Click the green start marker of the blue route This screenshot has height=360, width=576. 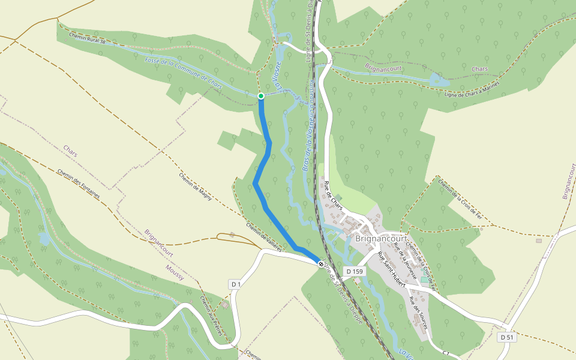point(261,96)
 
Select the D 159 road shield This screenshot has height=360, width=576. point(355,272)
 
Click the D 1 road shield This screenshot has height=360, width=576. point(235,284)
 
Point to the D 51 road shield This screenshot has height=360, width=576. point(507,338)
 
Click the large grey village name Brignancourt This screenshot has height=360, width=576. point(382,238)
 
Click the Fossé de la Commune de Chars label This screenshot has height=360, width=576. point(183,74)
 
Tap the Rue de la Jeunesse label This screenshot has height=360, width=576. point(405,263)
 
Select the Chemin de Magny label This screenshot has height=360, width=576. point(195,187)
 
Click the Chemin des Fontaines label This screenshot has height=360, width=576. point(79,184)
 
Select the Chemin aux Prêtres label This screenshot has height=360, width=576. point(211,315)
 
